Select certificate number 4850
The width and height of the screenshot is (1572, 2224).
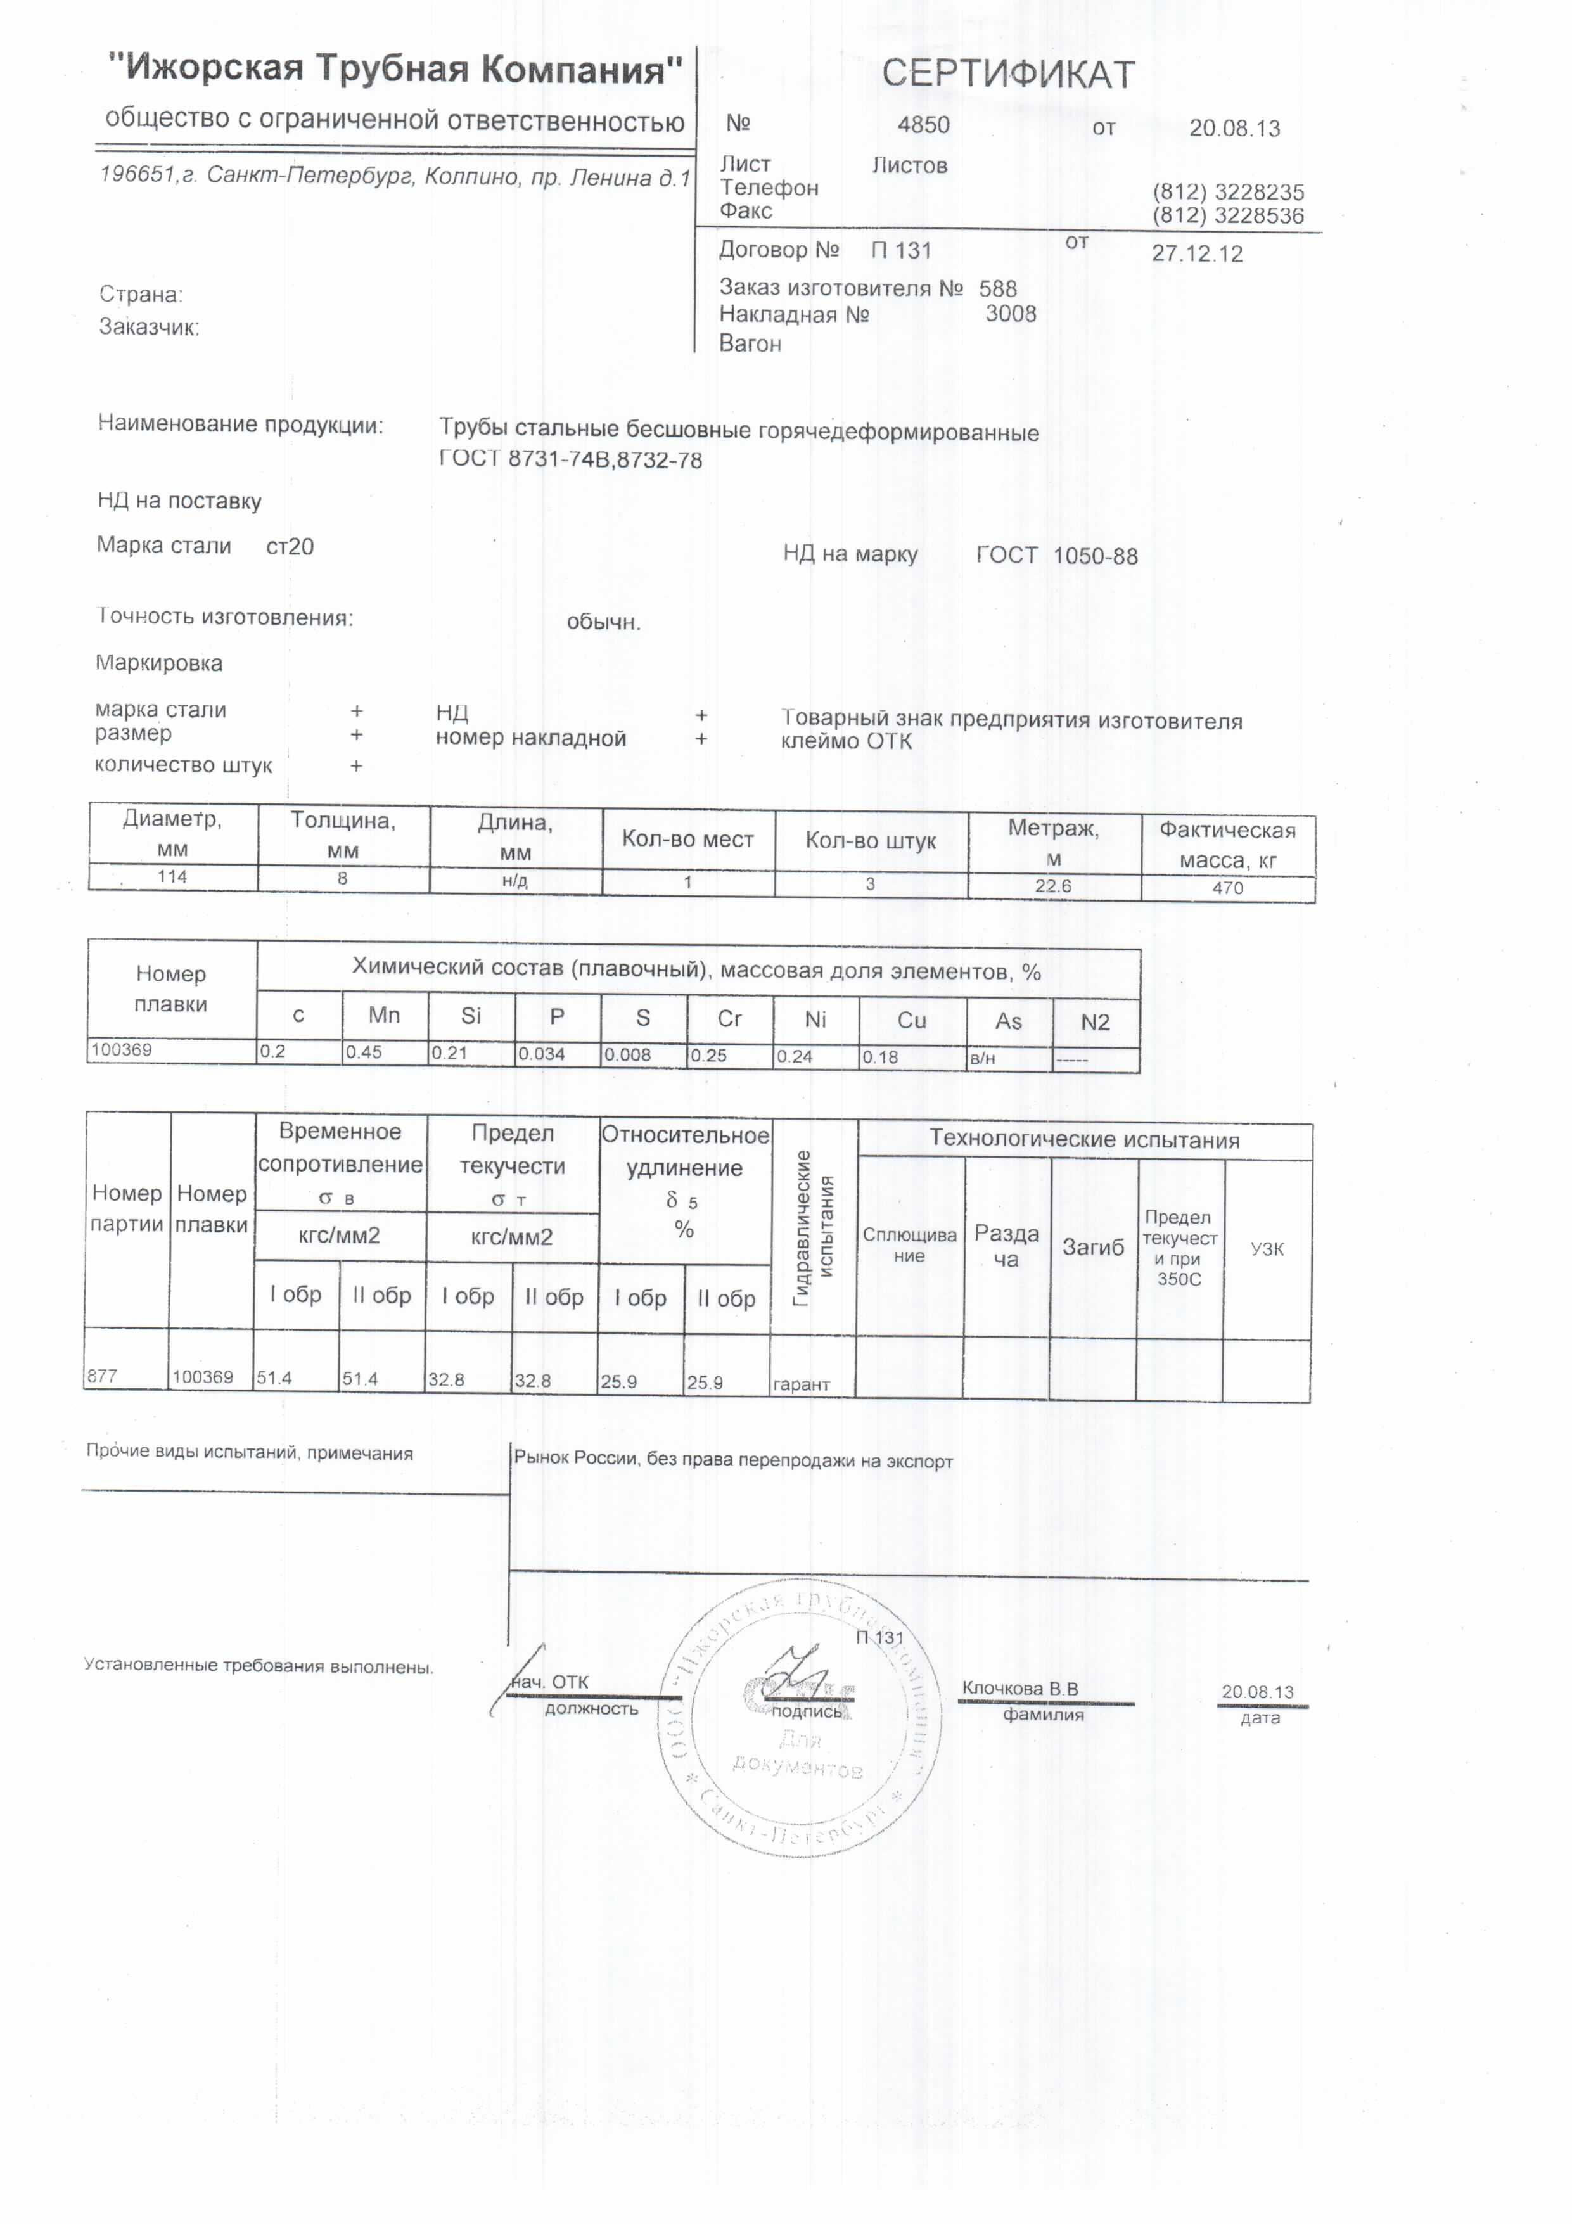pos(923,125)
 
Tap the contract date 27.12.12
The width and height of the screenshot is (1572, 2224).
pos(1196,254)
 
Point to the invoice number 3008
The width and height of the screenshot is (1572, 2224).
pos(1010,314)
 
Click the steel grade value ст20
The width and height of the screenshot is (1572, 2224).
pos(290,546)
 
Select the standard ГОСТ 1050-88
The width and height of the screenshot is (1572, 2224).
pos(1057,556)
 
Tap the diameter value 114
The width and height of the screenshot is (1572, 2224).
pos(172,877)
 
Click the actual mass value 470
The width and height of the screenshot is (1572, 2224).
pos(1227,887)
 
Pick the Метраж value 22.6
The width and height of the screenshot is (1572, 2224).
pos(1053,885)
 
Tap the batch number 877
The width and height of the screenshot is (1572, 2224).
pos(102,1376)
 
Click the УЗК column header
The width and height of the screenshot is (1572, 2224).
pos(1267,1249)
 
